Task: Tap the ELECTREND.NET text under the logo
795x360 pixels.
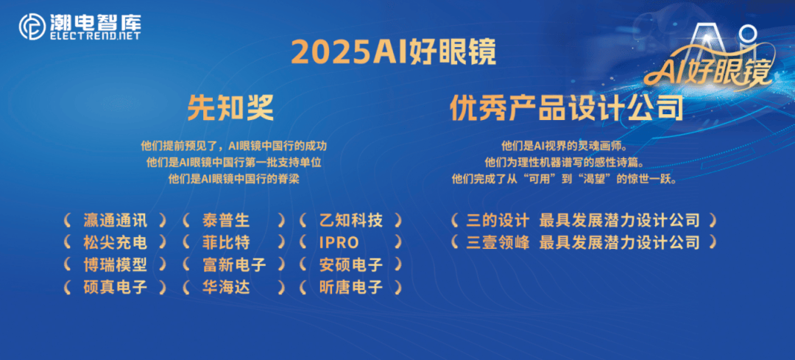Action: coord(95,35)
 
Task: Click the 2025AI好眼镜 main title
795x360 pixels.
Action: coord(393,53)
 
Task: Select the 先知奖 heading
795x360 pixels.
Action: coord(230,109)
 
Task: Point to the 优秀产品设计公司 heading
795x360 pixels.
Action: coord(567,109)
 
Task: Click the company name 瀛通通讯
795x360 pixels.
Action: coord(115,220)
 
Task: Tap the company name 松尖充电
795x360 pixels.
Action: coord(115,242)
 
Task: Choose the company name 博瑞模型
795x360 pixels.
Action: coord(115,264)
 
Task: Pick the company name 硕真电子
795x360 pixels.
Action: coord(115,287)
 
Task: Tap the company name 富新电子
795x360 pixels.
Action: coord(233,264)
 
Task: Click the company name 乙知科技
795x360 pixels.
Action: coord(351,220)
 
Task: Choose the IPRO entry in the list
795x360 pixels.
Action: coord(339,242)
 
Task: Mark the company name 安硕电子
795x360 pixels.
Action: coord(351,264)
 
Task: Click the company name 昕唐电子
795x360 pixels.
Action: coord(351,287)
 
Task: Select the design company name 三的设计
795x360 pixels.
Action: coord(498,220)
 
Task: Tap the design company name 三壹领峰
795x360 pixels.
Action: coord(498,242)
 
